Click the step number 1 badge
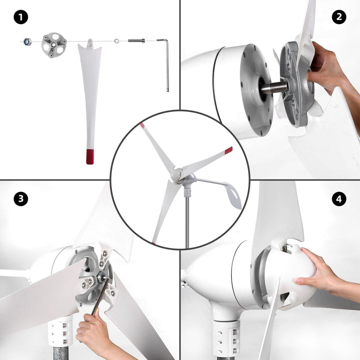point(21,17)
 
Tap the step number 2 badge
point(339,17)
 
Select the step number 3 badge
point(21,199)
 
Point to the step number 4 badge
point(339,199)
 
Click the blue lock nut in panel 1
point(27,42)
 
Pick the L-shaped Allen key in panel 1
point(166,63)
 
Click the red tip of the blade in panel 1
point(90,157)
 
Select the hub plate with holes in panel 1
point(54,45)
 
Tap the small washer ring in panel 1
point(117,41)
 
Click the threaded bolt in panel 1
point(136,41)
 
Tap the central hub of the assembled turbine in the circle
point(177,175)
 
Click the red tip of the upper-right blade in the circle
point(229,150)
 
